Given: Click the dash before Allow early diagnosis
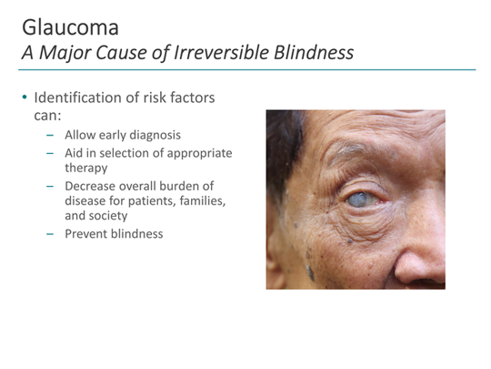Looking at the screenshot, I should click(51, 135).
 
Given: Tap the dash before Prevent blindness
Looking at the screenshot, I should click(51, 234).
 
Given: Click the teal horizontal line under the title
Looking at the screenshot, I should click(245, 69).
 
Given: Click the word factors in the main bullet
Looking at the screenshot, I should click(195, 97).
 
